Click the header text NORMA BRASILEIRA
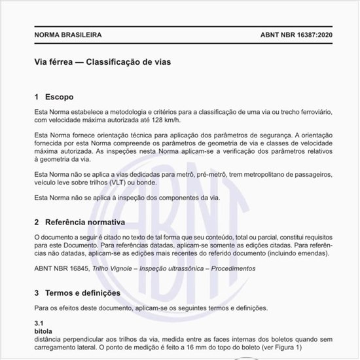coord(67,35)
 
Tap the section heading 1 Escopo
coord(58,96)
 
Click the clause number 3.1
coord(39,324)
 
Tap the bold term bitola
coord(42,331)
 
